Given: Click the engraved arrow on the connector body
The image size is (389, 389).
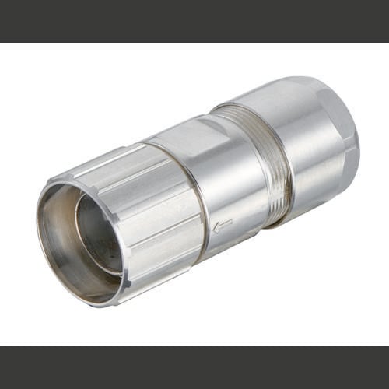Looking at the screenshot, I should coord(223,226).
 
